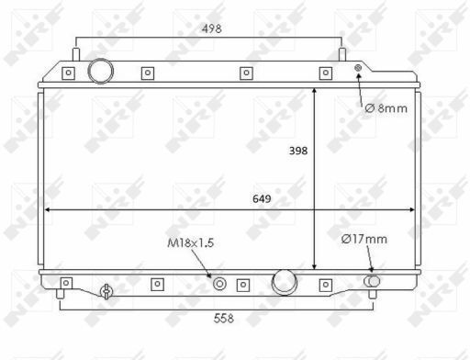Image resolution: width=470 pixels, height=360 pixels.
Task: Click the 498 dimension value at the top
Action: point(211,28)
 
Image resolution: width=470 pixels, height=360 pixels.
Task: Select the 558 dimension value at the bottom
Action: point(224,319)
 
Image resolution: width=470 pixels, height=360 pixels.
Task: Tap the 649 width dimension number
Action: point(262,199)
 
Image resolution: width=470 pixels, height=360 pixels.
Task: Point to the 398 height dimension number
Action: point(298,151)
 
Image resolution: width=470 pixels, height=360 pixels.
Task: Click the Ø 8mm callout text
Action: point(386,108)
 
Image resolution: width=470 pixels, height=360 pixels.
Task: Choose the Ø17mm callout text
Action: point(364,239)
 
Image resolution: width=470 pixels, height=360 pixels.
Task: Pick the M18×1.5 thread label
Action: point(190,243)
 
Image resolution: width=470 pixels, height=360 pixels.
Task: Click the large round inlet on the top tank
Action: point(101,71)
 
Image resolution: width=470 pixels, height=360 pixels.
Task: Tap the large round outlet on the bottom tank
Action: point(285,282)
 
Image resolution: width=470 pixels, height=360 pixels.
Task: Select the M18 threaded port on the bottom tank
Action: point(219,284)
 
